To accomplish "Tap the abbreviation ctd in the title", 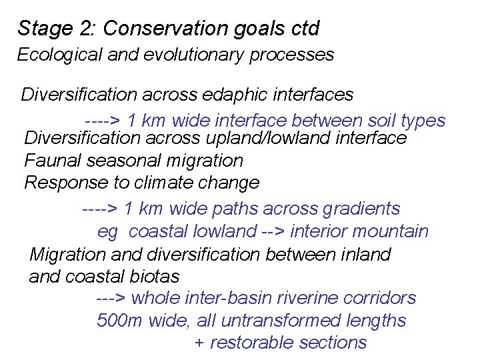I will [x=305, y=29].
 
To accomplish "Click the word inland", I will [x=365, y=254].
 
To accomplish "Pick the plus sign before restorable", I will [x=199, y=343].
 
